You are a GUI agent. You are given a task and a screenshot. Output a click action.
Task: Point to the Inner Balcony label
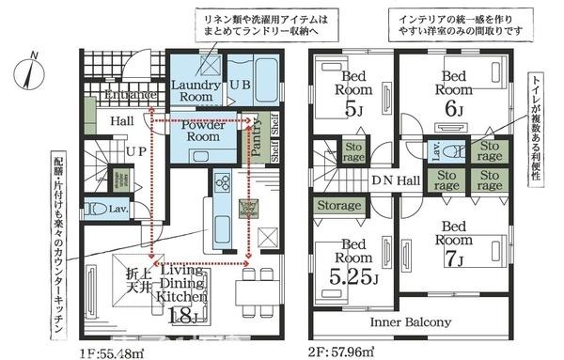coord(409,322)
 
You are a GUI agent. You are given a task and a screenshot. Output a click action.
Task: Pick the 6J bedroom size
coord(455,108)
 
